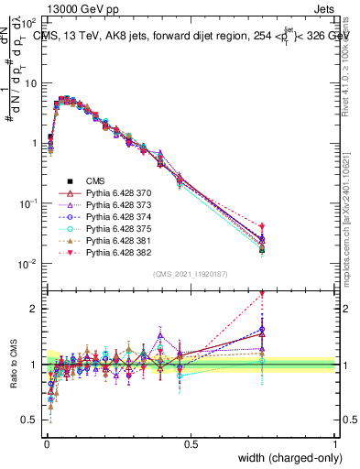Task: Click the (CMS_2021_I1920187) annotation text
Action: (190, 274)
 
